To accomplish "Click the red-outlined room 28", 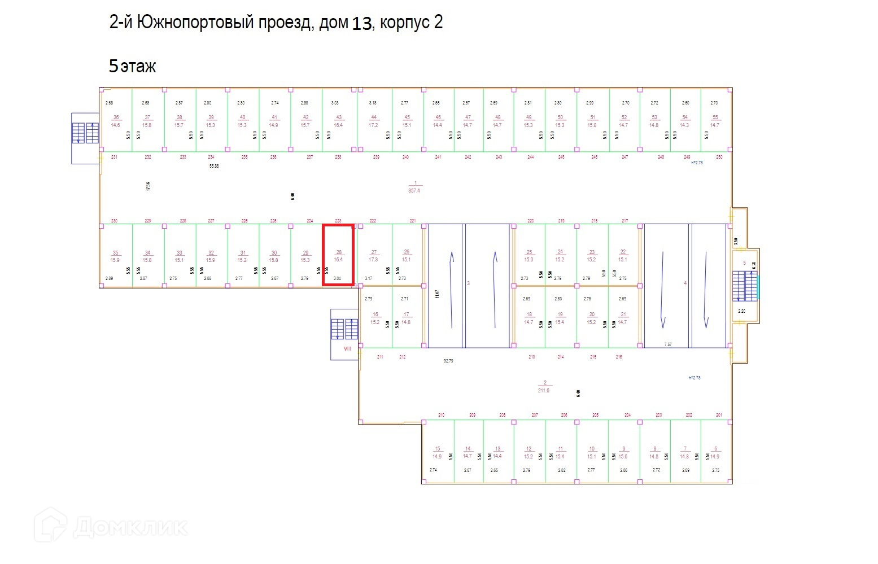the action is click(x=338, y=255).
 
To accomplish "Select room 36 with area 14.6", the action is click(x=116, y=121).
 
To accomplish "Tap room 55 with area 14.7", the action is click(x=715, y=121).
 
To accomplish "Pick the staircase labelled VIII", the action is click(x=344, y=334).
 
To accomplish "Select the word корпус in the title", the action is click(x=404, y=23).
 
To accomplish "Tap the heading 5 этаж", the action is click(x=132, y=66).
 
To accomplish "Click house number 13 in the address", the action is click(x=362, y=24).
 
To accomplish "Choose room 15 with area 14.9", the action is click(x=437, y=453).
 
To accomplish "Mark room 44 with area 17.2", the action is click(x=373, y=121).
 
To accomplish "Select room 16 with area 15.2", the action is click(x=375, y=318).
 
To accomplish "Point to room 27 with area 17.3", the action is click(x=373, y=256).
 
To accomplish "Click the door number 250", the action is click(x=719, y=157).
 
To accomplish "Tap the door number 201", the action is click(x=719, y=415).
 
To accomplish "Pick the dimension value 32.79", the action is click(x=448, y=361).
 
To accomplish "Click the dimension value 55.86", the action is click(x=214, y=167).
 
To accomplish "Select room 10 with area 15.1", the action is click(x=591, y=453).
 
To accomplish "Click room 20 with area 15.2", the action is click(x=591, y=318).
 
